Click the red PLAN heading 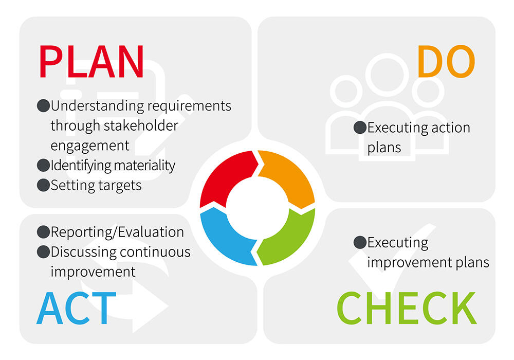point(91,62)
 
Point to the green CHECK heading point(406,308)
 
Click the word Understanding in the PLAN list point(98,106)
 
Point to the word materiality point(142,166)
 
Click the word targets point(119,185)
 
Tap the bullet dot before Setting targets point(43,185)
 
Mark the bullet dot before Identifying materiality point(43,166)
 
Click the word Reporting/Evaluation point(117,232)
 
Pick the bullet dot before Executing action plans point(360,128)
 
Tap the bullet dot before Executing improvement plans point(360,242)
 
